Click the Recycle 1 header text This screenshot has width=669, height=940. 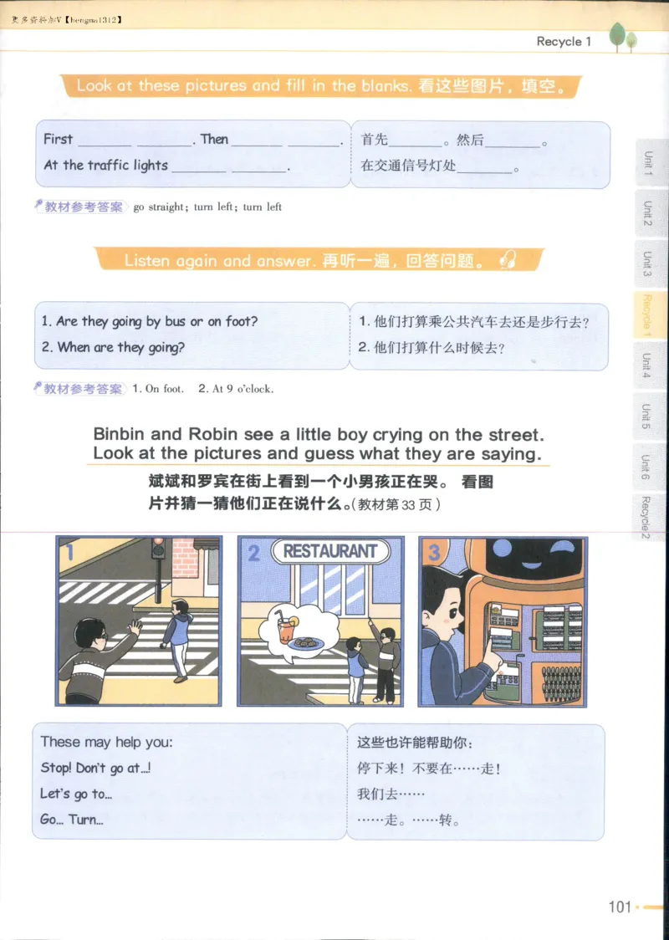tap(564, 41)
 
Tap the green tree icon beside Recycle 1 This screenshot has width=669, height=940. tap(622, 37)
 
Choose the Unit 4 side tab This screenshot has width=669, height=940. tap(646, 366)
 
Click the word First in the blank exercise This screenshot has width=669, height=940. tap(58, 139)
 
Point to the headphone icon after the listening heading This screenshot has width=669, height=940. tap(508, 260)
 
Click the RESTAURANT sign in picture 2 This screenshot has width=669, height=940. tap(330, 551)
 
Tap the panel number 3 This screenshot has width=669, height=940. tap(434, 551)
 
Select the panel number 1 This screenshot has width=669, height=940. tap(70, 552)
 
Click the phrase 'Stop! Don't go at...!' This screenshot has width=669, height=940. tap(95, 768)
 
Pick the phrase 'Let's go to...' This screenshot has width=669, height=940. tap(76, 794)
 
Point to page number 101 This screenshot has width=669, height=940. tap(620, 907)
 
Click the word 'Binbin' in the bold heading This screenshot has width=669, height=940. tap(120, 435)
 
